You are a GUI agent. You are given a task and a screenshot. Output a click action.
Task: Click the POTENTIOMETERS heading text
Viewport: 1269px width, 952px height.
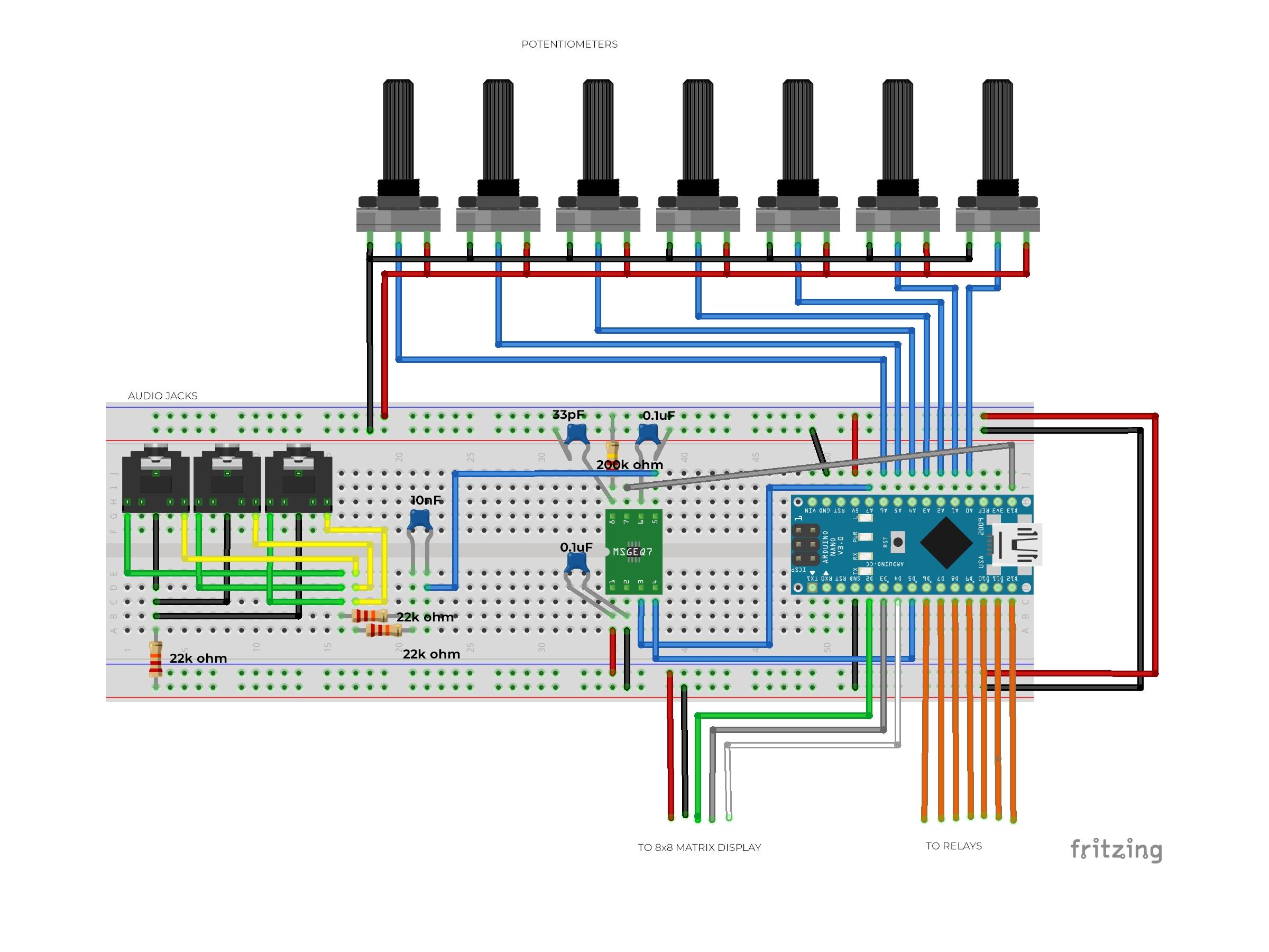click(569, 44)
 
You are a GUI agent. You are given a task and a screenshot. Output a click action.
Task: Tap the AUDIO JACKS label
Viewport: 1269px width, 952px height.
click(162, 396)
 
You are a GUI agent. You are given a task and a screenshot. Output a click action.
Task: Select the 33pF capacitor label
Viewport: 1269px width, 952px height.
click(568, 414)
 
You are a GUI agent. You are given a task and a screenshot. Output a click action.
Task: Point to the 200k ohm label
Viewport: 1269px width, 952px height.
click(629, 465)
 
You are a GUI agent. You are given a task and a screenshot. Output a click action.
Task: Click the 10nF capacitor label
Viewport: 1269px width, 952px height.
click(426, 500)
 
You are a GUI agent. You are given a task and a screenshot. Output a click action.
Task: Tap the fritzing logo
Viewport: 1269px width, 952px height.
click(1116, 850)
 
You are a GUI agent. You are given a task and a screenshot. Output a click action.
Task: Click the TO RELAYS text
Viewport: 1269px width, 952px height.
click(953, 846)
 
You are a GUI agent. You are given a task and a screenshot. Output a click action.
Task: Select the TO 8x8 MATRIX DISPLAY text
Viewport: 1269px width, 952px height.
click(700, 848)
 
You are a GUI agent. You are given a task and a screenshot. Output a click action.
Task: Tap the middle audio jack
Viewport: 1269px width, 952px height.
click(227, 479)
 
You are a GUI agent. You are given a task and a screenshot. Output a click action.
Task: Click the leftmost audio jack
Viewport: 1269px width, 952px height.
click(156, 479)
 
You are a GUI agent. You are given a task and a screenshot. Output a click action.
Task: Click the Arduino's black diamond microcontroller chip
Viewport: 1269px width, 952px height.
click(946, 543)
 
